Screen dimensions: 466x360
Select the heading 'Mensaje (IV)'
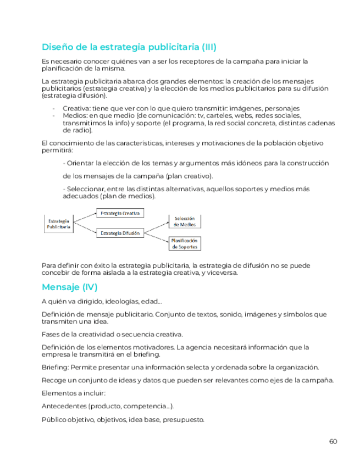coord(70,287)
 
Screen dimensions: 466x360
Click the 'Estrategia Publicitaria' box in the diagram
coord(58,223)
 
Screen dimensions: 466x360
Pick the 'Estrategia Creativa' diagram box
coord(120,213)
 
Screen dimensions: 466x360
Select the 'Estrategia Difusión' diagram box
coord(120,233)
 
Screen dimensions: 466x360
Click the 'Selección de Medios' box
coord(185,221)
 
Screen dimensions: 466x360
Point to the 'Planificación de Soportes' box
coord(185,244)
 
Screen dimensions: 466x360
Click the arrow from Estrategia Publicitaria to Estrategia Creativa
coord(85,217)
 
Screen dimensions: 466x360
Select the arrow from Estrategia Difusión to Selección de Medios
coord(156,226)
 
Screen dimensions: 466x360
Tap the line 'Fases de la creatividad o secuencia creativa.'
coord(113,334)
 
